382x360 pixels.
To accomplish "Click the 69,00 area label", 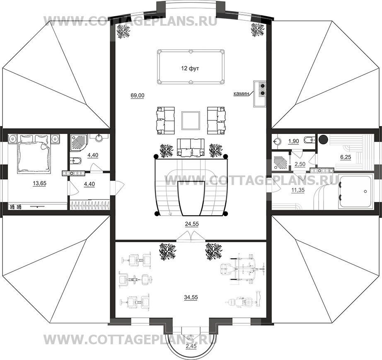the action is (138, 95).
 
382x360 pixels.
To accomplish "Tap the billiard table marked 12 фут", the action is (191, 67).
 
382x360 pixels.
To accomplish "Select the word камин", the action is (241, 93).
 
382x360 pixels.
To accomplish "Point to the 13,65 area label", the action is (39, 183).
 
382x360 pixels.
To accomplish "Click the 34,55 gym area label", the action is (191, 297).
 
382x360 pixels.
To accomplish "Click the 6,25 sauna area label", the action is (346, 157).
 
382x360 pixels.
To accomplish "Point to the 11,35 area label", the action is (298, 190).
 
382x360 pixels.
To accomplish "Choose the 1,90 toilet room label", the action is (293, 141).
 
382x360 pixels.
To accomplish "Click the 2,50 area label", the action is (300, 164).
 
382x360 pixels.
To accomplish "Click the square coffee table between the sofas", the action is (191, 121).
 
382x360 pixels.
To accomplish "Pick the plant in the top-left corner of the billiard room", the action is (124, 31).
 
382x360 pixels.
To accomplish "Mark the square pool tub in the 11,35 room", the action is (355, 191).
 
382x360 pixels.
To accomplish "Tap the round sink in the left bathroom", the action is (100, 138).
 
